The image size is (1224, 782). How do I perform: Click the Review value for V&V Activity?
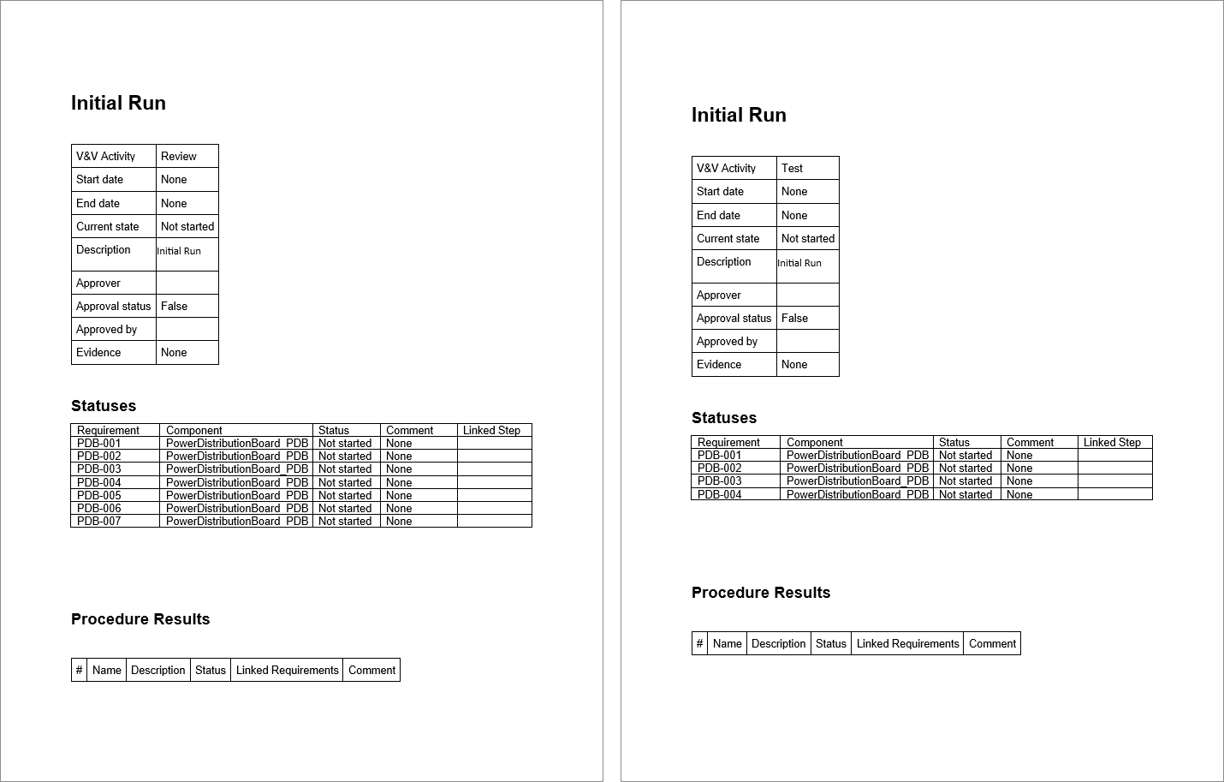coord(179,156)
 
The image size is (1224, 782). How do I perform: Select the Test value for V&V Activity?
coord(792,168)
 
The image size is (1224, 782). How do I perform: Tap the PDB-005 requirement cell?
coord(99,495)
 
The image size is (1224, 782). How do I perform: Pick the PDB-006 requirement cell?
coord(99,508)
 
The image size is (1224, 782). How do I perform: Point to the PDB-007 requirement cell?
coord(99,521)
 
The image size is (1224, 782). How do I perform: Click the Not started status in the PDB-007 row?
coord(345,521)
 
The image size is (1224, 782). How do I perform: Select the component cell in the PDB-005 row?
coord(236,495)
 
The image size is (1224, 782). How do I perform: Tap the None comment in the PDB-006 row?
coord(399,508)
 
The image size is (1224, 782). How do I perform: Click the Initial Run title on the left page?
coord(118,103)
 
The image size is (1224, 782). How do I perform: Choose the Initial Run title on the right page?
coord(739,115)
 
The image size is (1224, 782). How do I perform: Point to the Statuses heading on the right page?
coord(724,418)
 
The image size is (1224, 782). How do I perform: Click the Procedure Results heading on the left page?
coord(140,619)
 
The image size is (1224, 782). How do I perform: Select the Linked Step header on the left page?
coord(491,430)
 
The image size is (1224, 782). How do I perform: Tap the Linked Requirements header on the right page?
coord(907,643)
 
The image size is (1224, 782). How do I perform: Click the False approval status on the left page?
coord(174,306)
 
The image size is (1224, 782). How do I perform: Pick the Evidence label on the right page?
coord(719,364)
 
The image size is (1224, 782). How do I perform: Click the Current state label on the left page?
coord(107,226)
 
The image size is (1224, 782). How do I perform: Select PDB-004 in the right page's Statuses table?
coord(720,494)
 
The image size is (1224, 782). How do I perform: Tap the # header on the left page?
coord(79,670)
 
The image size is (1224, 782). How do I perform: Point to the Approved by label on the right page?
coord(727,341)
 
